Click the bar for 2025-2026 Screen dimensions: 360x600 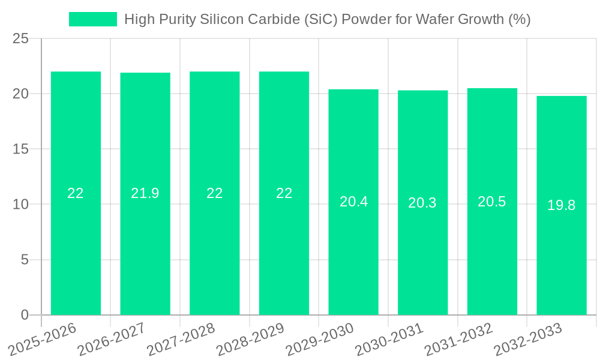pyautogui.click(x=76, y=252)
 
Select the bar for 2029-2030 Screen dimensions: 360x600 pyautogui.click(x=353, y=258)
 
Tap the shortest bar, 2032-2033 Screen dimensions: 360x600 pyautogui.click(x=562, y=264)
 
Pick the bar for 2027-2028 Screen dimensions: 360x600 pyautogui.click(x=215, y=252)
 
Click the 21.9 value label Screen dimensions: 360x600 pyautogui.click(x=145, y=193)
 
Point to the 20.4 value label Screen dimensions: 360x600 pyautogui.click(x=353, y=202)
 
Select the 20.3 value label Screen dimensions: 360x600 pyautogui.click(x=422, y=203)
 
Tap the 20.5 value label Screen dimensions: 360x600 pyautogui.click(x=492, y=202)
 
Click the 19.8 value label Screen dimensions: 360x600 pyautogui.click(x=562, y=205)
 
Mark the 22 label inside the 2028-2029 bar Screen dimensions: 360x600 pyautogui.click(x=284, y=193)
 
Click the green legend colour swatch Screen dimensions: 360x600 pyautogui.click(x=93, y=19)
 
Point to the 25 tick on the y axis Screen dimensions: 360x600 pyautogui.click(x=20, y=38)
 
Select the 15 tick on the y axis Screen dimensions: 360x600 pyautogui.click(x=20, y=149)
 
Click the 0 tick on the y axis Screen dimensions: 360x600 pyautogui.click(x=25, y=315)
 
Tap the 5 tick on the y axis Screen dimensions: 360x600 pyautogui.click(x=25, y=260)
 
